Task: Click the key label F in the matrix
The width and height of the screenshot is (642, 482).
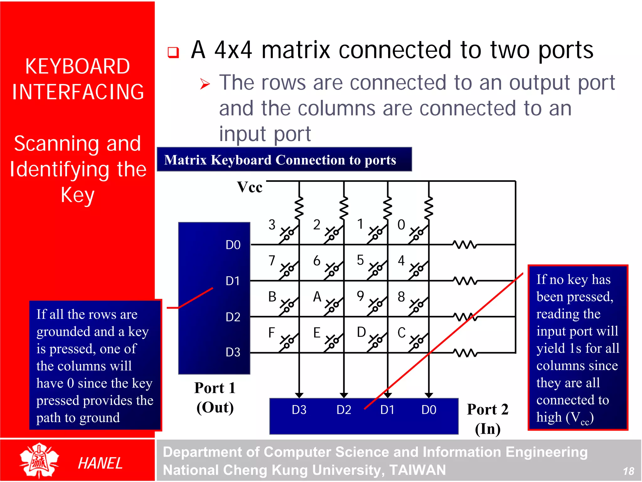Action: point(271,333)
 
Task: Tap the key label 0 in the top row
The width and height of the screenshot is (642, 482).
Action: point(401,225)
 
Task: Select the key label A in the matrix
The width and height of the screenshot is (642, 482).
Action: point(317,297)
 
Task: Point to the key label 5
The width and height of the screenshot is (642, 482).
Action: point(360,260)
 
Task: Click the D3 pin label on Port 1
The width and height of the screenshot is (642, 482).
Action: point(233,352)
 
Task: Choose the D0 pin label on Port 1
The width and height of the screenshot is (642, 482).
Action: point(233,245)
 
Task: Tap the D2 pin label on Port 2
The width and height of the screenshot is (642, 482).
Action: point(344,410)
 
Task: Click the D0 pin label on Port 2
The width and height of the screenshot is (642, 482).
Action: point(429,410)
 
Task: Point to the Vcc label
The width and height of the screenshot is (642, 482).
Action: point(250,187)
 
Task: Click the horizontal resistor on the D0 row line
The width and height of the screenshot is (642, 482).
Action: point(465,244)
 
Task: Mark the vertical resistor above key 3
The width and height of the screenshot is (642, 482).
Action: point(299,208)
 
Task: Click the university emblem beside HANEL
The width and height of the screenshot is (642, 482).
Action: point(39,460)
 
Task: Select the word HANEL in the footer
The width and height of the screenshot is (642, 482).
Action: point(100,463)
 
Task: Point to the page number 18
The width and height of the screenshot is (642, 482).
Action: point(628,471)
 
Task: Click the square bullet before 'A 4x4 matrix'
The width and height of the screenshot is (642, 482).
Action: point(173,52)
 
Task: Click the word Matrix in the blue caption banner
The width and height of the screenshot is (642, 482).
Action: point(185,160)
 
